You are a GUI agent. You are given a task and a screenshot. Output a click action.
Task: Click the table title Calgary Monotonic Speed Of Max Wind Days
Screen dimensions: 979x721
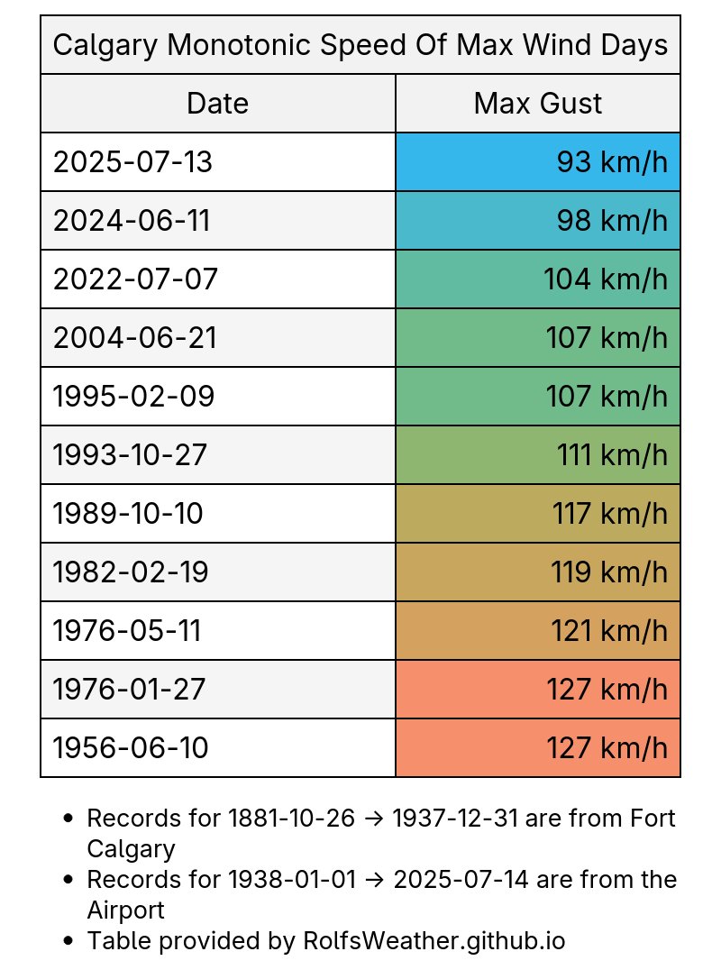[360, 44]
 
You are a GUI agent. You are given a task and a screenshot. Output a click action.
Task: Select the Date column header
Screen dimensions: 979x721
[217, 104]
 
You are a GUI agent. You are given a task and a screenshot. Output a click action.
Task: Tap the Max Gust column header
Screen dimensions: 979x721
[538, 104]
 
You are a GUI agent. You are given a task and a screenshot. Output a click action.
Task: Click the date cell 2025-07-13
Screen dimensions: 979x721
[133, 162]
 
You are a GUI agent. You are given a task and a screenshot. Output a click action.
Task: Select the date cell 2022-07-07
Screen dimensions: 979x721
[136, 279]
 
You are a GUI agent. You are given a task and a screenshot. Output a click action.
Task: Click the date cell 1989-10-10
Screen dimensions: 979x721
[129, 514]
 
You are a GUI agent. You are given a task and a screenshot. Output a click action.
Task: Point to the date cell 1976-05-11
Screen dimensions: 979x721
[127, 631]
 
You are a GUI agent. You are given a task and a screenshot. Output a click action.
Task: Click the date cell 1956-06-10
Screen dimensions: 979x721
[132, 748]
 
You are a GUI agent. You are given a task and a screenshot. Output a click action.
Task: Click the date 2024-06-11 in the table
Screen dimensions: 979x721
[132, 221]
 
